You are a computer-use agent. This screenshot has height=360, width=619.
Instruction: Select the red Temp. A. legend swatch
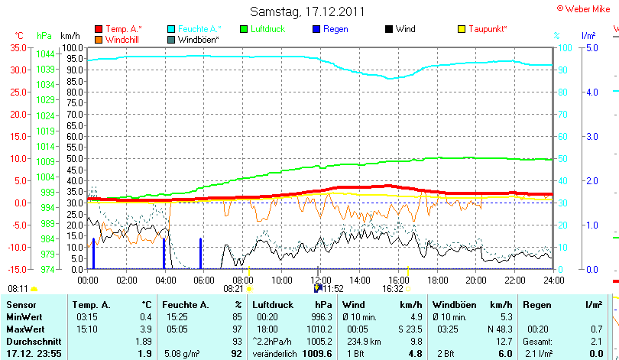pyautogui.click(x=99, y=29)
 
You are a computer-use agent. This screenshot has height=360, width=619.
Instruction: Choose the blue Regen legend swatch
pyautogui.click(x=316, y=29)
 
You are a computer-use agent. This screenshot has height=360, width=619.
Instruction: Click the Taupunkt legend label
pyautogui.click(x=488, y=29)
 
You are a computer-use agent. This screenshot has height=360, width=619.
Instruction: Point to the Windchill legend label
pyautogui.click(x=123, y=39)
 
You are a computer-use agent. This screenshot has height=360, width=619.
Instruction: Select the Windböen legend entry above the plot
pyautogui.click(x=199, y=39)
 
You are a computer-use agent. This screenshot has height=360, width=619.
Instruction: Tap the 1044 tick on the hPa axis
pyautogui.click(x=45, y=54)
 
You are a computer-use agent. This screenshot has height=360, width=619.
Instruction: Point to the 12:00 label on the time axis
pyautogui.click(x=320, y=280)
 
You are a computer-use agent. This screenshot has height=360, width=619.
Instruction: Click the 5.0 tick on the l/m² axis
pyautogui.click(x=590, y=47)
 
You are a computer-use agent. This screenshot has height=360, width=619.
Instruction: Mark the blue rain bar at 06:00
pyautogui.click(x=200, y=253)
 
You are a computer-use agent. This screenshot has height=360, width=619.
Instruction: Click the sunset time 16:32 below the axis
pyautogui.click(x=393, y=289)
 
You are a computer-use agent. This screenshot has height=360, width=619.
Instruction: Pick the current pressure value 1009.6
pyautogui.click(x=316, y=354)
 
